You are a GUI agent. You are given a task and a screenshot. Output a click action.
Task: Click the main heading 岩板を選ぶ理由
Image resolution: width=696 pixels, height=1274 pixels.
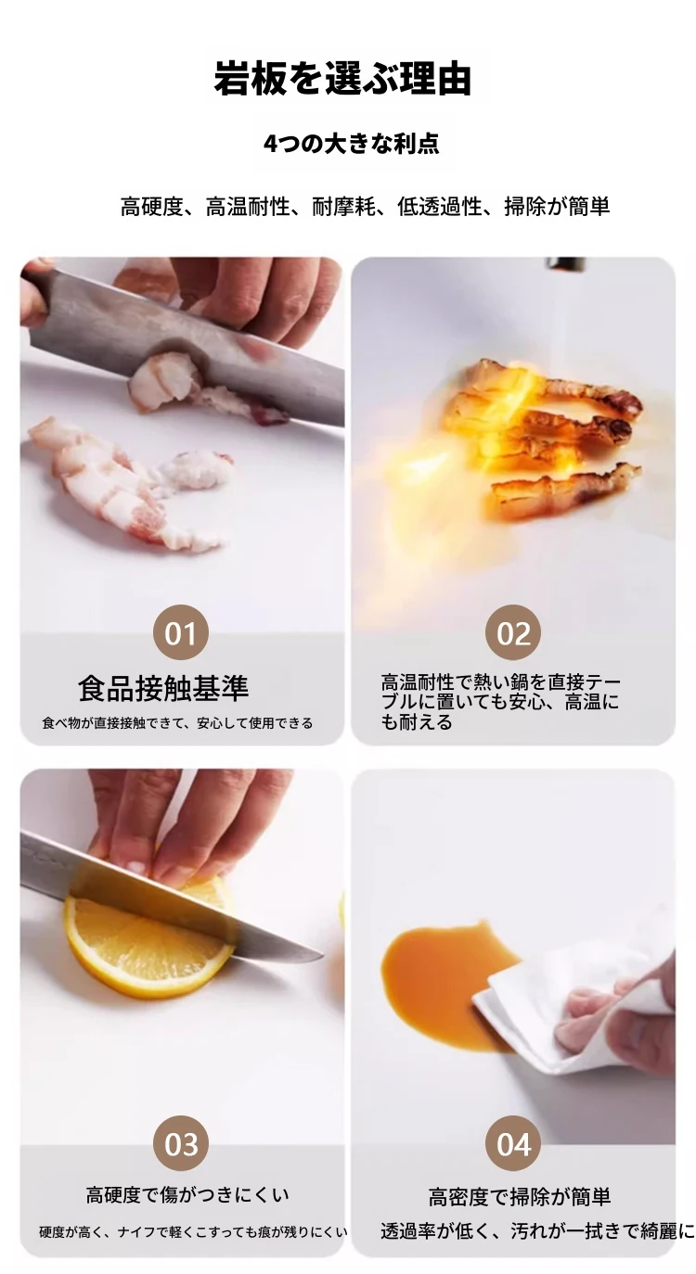(342, 78)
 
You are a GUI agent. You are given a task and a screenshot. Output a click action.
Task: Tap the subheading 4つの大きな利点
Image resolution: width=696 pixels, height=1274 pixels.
(351, 144)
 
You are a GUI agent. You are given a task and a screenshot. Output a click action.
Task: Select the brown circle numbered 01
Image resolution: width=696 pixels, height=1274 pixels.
(181, 632)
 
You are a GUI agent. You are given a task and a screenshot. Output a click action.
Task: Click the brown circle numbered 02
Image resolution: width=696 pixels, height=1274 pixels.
(513, 632)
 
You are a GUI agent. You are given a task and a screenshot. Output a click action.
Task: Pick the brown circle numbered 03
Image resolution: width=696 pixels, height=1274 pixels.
(181, 1144)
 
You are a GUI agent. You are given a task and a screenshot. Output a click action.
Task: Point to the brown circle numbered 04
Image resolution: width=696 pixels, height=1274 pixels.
(513, 1144)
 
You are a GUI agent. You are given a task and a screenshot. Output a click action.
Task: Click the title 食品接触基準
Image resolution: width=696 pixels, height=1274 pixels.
(164, 688)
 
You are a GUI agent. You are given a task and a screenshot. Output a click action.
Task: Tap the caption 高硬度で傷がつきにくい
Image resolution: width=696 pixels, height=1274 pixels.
(187, 1194)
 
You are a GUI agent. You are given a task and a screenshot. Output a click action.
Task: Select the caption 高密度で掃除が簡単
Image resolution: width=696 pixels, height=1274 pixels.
(520, 1197)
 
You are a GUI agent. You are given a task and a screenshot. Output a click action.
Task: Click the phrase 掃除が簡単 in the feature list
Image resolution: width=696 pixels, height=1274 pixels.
(557, 207)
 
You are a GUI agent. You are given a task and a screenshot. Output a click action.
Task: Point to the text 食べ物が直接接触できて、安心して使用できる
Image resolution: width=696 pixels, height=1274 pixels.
(177, 723)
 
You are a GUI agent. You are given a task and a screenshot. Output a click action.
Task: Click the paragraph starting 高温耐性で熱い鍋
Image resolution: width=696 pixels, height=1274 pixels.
(500, 702)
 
